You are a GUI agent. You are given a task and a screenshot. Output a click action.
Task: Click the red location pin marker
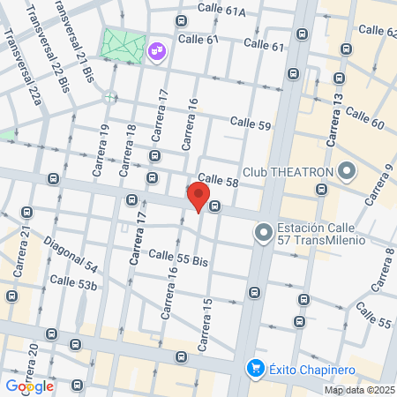198,196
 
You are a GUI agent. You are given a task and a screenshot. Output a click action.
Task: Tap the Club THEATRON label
288,171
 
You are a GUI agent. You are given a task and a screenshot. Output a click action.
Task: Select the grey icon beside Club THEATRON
346,170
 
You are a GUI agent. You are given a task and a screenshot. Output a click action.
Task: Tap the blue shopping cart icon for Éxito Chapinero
256,366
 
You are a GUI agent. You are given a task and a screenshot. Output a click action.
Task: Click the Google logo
29,386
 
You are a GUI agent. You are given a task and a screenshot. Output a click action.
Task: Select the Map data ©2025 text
359,390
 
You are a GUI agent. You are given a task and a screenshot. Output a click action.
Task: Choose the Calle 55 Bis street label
177,258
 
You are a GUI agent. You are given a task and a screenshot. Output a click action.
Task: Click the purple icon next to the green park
156,52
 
